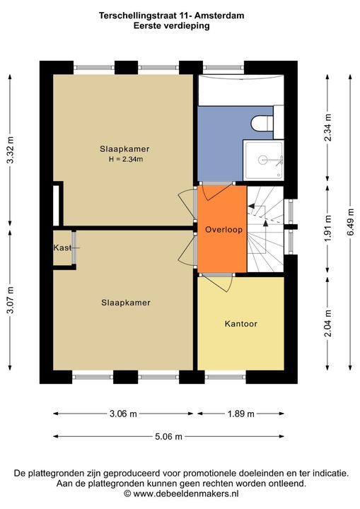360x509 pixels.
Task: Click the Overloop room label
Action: click(x=223, y=230)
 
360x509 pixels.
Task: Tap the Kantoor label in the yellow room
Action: click(x=240, y=324)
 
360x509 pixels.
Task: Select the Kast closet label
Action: click(x=62, y=247)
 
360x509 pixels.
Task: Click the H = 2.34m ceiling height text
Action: click(x=126, y=159)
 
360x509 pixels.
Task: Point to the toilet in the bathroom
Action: click(x=262, y=123)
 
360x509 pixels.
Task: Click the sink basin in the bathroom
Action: click(x=264, y=160)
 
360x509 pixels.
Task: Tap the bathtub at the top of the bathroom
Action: click(x=240, y=90)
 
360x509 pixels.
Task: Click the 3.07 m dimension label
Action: click(x=11, y=300)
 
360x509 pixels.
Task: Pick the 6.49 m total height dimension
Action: click(x=350, y=222)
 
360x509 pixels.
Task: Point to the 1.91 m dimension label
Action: click(x=328, y=228)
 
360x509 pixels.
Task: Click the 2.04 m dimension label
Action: click(x=328, y=323)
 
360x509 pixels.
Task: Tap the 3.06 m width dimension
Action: click(x=123, y=414)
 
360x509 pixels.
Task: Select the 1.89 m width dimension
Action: click(x=240, y=414)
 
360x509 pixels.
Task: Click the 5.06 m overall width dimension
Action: click(x=168, y=436)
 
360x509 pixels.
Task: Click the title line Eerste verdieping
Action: click(x=171, y=25)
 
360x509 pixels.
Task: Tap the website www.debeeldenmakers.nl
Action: click(x=186, y=493)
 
